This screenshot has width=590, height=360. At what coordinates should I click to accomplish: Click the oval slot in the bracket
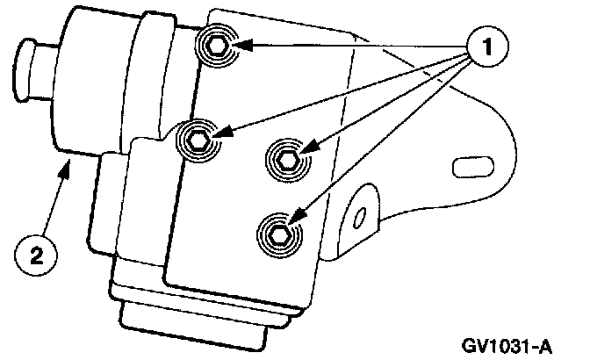pos(465,163)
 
